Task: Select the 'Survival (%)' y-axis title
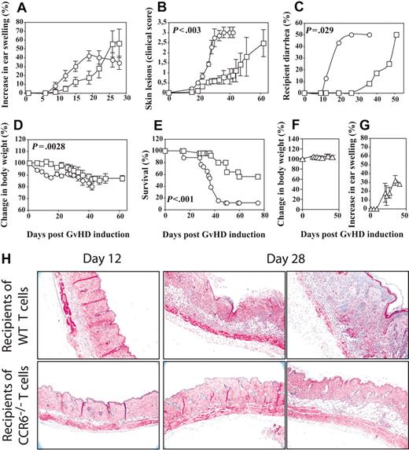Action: click(142, 179)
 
